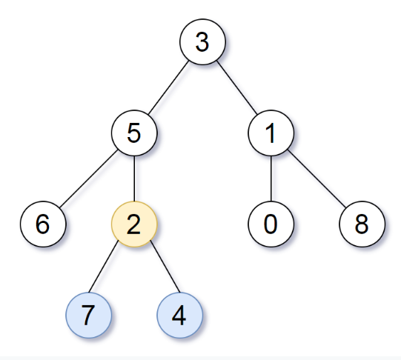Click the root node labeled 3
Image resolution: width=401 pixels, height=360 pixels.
pos(202,42)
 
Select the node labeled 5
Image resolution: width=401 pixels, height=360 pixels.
pos(133,133)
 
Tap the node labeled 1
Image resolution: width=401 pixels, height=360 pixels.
pos(271,133)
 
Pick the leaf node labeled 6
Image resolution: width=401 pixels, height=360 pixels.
pos(42,224)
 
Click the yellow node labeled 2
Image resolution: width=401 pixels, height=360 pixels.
pos(133,224)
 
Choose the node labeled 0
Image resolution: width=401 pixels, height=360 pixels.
pos(271,224)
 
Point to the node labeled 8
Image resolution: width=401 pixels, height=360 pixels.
pos(362,224)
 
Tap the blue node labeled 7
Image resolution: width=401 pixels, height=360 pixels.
pos(88,314)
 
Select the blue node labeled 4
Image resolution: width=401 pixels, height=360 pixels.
pos(179,314)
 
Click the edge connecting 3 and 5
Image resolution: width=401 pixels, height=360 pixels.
pos(168,87)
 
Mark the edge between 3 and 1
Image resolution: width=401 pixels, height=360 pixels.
pos(236,87)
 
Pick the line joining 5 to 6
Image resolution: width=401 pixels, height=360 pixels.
pos(88,179)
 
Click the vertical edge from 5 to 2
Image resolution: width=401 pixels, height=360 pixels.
pos(133,179)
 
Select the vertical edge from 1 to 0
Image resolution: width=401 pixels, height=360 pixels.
pos(271,179)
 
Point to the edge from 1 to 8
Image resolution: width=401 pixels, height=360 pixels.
pos(317,179)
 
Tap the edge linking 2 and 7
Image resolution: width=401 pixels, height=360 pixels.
pos(111,269)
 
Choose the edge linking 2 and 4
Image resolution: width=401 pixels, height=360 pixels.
pos(156,269)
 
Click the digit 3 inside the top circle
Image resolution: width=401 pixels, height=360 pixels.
pos(202,42)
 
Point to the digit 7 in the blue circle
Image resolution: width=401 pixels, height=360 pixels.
pos(88,314)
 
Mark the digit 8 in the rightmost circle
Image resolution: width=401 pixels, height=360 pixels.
pos(362,224)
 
